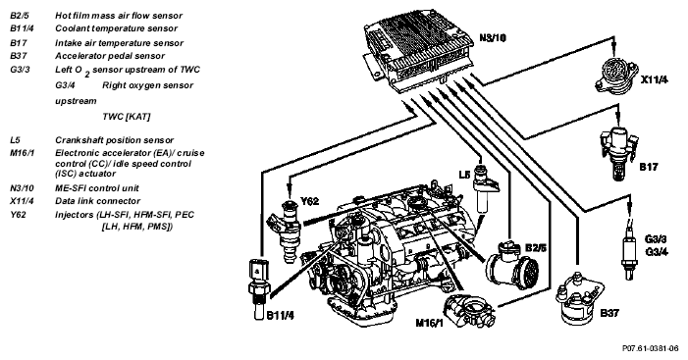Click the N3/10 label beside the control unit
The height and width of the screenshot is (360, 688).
point(493,37)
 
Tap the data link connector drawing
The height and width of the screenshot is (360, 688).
point(614,75)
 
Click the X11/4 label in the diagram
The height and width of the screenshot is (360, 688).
point(655,79)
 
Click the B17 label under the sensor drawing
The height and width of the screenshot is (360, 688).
point(648,167)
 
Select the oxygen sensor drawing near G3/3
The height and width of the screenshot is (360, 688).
point(629,249)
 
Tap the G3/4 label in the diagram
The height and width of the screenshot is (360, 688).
point(657,252)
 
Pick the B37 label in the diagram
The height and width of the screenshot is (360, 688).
point(609,313)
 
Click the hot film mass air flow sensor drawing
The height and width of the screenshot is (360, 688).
point(511,265)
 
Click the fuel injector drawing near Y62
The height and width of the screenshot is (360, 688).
point(286,231)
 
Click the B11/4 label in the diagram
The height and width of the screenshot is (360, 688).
point(280,316)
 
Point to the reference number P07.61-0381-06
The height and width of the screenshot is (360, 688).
point(651,348)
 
